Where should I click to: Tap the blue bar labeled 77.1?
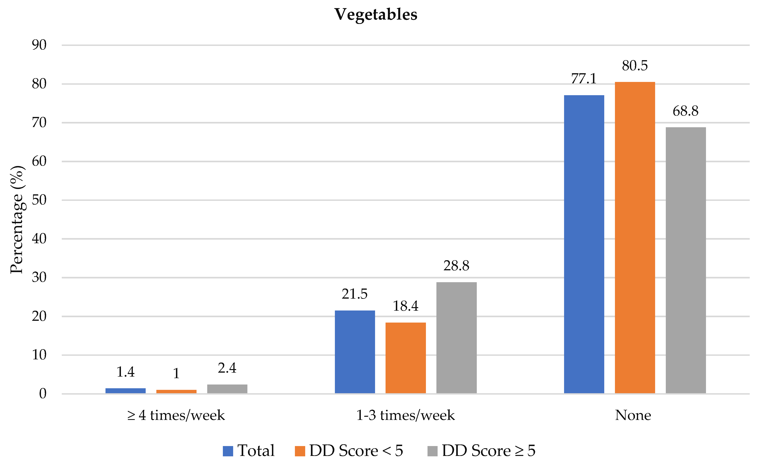click(x=584, y=244)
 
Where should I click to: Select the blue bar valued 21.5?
click(x=355, y=352)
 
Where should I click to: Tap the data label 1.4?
click(x=125, y=372)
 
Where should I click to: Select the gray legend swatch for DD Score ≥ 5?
click(x=432, y=451)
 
